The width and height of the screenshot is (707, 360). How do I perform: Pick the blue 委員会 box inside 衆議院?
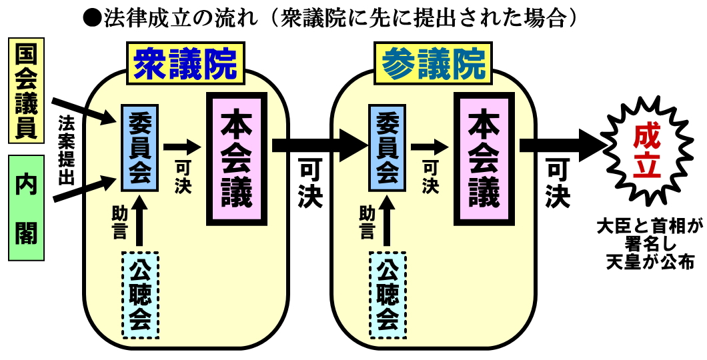click(x=139, y=148)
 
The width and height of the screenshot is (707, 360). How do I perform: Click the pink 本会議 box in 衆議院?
click(x=237, y=159)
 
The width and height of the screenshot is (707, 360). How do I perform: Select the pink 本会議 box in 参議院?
click(x=484, y=159)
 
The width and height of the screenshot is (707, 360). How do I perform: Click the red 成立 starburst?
click(x=646, y=145)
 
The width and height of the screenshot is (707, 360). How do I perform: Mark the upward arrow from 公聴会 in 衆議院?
click(x=139, y=223)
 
